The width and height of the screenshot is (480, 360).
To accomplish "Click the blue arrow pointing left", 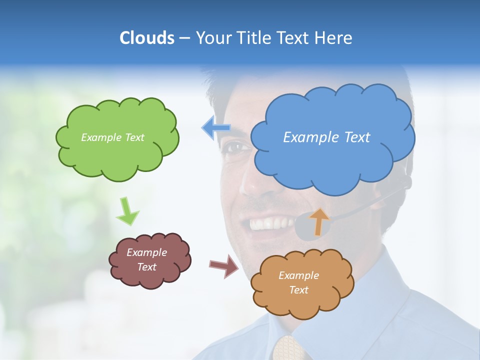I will (x=216, y=128).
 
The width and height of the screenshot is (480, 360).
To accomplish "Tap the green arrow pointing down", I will (x=127, y=211).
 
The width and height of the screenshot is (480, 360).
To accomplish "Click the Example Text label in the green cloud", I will (x=112, y=137).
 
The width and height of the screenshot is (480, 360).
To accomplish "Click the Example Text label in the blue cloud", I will (x=326, y=137).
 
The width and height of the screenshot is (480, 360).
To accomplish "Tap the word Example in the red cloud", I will (x=146, y=252).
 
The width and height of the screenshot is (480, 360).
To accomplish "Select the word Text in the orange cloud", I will (x=298, y=290).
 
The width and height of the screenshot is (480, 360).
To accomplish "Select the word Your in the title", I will (x=213, y=38).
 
